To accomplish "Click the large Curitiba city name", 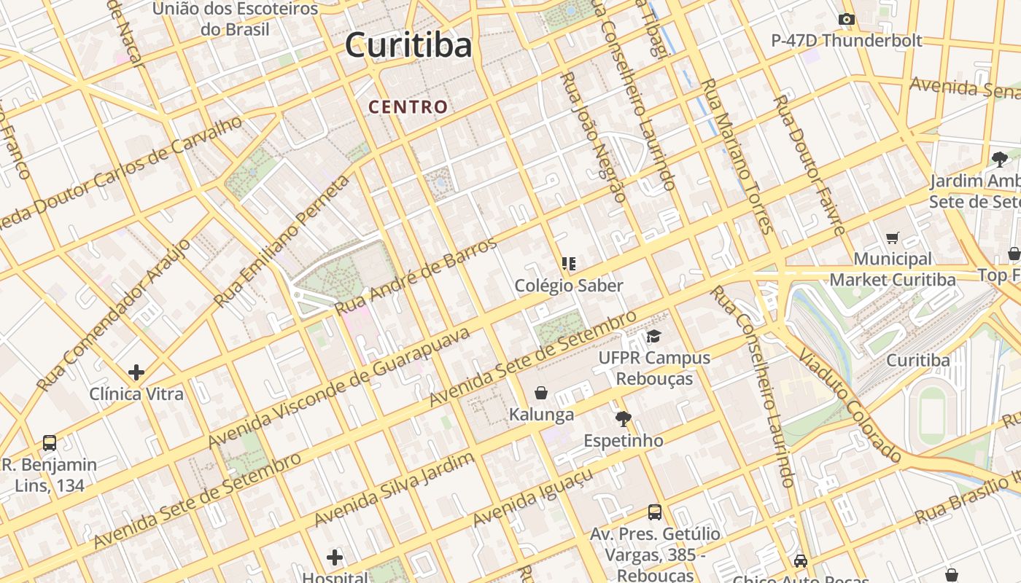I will [408, 45].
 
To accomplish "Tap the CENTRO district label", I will [408, 107].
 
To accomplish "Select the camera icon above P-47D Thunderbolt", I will [846, 20].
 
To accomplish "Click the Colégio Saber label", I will [569, 286].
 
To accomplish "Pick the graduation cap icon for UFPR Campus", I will [653, 337].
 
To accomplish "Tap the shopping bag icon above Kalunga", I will [541, 394].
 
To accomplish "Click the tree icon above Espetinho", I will [623, 419].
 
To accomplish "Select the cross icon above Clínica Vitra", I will [136, 372].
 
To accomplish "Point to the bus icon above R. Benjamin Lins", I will [50, 442].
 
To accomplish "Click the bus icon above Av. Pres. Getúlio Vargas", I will [655, 512].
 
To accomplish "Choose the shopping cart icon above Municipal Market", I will [892, 238].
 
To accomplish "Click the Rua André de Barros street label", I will [416, 276].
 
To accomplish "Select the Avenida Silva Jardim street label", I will [395, 489].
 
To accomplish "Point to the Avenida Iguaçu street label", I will [533, 498].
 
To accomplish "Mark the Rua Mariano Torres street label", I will [737, 156].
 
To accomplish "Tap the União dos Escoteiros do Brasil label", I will [235, 19].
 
